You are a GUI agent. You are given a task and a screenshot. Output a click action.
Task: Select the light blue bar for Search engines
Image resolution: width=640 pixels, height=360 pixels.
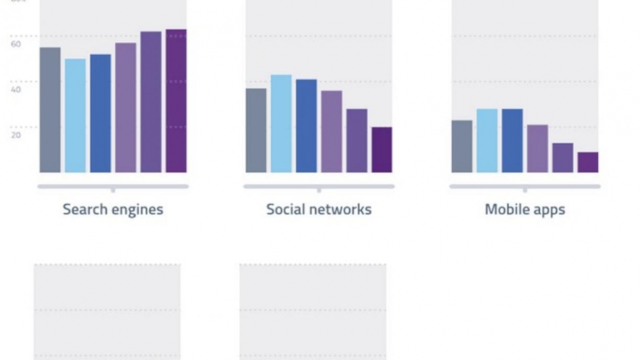75,116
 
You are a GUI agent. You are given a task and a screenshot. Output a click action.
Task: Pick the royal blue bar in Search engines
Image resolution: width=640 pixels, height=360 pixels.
100,113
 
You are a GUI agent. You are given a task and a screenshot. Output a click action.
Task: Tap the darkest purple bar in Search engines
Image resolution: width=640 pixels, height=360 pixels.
176,101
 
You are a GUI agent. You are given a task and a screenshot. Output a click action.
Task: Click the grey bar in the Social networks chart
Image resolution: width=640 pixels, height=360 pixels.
256,131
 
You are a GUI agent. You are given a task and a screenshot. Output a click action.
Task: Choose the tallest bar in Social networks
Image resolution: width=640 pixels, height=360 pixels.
281,124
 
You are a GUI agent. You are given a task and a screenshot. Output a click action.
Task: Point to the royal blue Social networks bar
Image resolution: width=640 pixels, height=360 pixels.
306,126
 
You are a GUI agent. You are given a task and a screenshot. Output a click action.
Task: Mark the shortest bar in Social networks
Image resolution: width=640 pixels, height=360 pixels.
382,150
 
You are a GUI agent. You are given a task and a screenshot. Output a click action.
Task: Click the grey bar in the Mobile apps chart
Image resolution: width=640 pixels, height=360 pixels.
462,146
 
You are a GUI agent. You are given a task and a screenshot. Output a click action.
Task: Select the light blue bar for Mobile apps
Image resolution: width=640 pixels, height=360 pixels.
487,141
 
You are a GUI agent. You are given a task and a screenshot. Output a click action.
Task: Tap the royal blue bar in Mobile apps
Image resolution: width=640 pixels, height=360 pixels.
512,141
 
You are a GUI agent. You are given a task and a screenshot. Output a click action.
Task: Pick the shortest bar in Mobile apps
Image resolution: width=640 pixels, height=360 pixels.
588,163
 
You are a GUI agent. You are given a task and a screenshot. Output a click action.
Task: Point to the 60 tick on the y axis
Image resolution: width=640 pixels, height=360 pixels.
16,44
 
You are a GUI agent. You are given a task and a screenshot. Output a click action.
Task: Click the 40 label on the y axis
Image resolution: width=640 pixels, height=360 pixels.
16,90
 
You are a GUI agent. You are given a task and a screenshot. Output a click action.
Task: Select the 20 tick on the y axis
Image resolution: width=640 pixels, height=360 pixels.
16,135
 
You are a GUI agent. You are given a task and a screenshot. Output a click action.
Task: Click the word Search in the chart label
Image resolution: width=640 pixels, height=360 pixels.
85,209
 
